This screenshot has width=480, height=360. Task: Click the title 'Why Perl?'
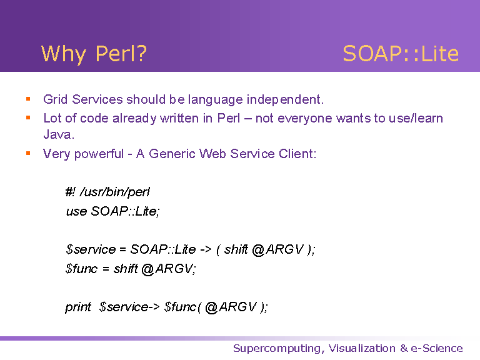click(94, 54)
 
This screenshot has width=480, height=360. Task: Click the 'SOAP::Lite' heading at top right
click(401, 54)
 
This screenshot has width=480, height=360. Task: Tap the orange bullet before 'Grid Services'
click(28, 99)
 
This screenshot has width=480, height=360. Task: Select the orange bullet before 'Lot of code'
click(28, 117)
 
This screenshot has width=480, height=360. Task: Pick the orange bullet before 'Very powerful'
click(28, 153)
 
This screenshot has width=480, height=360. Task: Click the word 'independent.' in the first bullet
click(285, 100)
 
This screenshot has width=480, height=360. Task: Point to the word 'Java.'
click(59, 134)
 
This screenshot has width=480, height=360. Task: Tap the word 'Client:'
click(297, 154)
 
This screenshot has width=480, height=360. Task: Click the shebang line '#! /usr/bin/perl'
click(107, 192)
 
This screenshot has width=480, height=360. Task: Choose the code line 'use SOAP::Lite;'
click(112, 211)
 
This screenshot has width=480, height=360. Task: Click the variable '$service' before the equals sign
click(91, 249)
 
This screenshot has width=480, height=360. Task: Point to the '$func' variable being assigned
click(81, 269)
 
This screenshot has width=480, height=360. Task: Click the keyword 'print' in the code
click(78, 307)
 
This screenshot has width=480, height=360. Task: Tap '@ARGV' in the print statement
click(231, 307)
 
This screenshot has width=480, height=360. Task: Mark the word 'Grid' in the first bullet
click(55, 99)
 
